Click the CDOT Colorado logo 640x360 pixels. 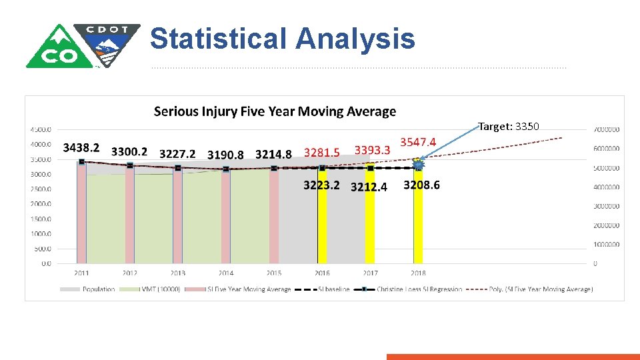[x=83, y=45]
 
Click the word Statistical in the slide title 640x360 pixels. [x=219, y=39]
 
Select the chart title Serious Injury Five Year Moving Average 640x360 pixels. [x=275, y=111]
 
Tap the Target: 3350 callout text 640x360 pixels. [x=509, y=126]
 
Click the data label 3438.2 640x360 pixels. [x=81, y=147]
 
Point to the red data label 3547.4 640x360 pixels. [x=418, y=142]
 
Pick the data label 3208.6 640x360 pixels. [x=421, y=185]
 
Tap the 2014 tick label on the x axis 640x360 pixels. [x=226, y=273]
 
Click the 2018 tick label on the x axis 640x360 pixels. [x=418, y=273]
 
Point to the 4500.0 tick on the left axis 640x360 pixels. [x=41, y=129]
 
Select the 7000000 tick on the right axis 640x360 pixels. [x=607, y=129]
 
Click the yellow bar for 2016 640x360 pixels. [x=322, y=220]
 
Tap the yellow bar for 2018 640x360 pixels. [x=418, y=220]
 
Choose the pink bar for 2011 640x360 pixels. [x=81, y=213]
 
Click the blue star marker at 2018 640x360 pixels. [x=419, y=164]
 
